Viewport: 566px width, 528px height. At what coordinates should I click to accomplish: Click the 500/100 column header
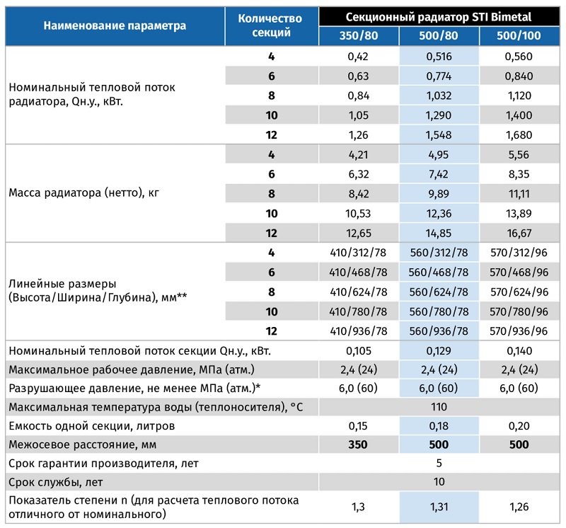[x=519, y=35]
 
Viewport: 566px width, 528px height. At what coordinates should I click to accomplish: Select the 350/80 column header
[x=359, y=35]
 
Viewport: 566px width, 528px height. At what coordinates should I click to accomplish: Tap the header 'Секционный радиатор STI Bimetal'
[x=439, y=17]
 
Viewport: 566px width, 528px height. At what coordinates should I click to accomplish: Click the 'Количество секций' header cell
[x=271, y=25]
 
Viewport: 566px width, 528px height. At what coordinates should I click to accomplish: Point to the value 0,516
[x=439, y=57]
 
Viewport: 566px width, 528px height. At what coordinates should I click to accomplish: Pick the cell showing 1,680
[x=519, y=134]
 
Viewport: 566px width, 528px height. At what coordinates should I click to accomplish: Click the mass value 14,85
[x=439, y=233]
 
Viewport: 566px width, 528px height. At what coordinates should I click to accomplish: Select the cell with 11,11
[x=519, y=194]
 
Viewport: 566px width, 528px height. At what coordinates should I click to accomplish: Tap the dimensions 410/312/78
[x=358, y=253]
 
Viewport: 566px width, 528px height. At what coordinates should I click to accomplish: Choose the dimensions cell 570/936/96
[x=519, y=331]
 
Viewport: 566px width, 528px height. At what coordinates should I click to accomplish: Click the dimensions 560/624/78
[x=439, y=292]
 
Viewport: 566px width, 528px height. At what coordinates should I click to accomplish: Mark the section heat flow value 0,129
[x=439, y=350]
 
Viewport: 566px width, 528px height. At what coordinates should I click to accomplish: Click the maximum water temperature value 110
[x=439, y=407]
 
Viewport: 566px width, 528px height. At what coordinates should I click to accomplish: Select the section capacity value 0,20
[x=519, y=426]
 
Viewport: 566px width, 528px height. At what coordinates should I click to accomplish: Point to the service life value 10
[x=439, y=482]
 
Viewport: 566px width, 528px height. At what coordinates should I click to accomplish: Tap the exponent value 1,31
[x=439, y=507]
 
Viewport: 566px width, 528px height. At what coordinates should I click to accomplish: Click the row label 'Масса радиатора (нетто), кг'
[x=83, y=193]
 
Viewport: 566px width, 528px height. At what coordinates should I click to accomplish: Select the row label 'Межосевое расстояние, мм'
[x=83, y=444]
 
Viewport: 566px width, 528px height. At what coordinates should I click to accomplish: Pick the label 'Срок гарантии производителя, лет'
[x=103, y=464]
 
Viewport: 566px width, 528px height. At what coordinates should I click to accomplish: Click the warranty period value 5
[x=439, y=463]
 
